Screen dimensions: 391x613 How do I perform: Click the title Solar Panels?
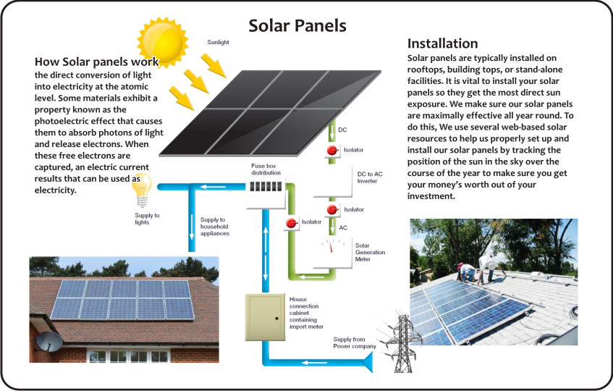297,26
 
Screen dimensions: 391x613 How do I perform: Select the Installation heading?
442,43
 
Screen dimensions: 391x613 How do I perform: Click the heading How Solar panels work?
96,62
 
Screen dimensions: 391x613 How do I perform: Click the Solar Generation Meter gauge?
334,252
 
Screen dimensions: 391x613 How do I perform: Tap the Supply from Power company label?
354,342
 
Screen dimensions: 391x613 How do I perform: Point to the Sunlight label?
218,43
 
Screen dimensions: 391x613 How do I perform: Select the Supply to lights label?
147,219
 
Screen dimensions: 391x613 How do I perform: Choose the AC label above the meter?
343,227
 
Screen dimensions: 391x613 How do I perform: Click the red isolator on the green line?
292,223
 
